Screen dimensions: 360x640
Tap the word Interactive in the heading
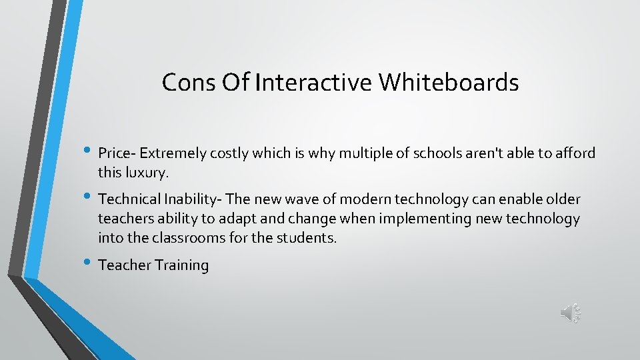pos(315,83)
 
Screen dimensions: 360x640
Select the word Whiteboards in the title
pos(449,83)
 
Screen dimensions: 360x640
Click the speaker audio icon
pos(571,312)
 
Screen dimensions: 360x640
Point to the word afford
pos(576,153)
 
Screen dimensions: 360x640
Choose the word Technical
pos(127,199)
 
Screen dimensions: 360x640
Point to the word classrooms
pos(184,238)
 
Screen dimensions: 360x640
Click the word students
pos(307,238)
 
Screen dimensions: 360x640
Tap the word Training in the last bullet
pos(182,265)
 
